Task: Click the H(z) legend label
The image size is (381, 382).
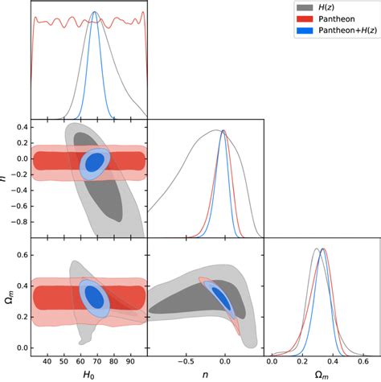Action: [x=330, y=9]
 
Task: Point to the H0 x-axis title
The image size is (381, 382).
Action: [x=88, y=374]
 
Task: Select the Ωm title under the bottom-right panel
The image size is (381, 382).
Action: [x=322, y=374]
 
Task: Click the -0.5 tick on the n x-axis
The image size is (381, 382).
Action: [x=185, y=361]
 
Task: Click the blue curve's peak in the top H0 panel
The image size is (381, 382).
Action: [x=95, y=13]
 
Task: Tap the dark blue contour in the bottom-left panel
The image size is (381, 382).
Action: [x=95, y=297]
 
